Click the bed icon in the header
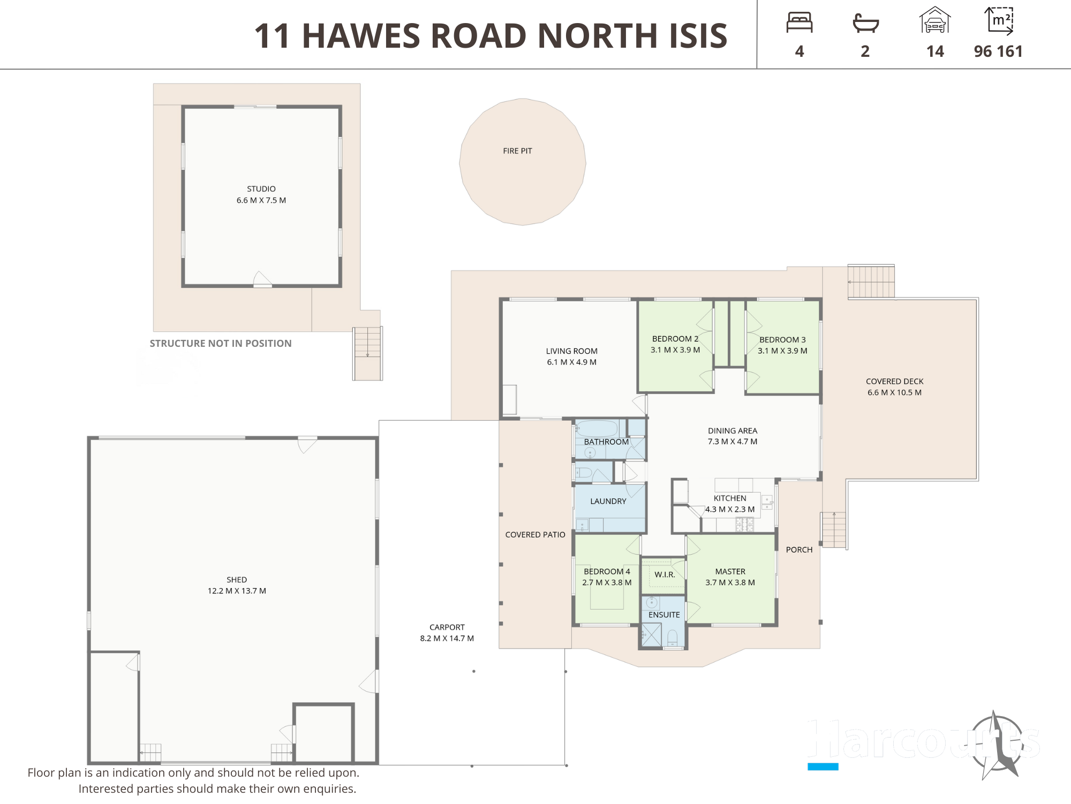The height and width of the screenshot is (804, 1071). [x=800, y=23]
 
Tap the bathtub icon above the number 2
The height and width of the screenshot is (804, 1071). [x=865, y=23]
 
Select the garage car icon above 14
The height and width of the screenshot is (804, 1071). [x=935, y=20]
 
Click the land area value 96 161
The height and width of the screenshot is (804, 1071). [x=998, y=51]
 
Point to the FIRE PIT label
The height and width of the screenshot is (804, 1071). [x=517, y=151]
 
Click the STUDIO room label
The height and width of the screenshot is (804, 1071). [x=261, y=189]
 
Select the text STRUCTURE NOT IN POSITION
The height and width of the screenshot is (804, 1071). [x=221, y=344]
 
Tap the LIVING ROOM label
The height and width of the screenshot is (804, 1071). [x=572, y=351]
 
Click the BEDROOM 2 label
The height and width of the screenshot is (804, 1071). [x=675, y=339]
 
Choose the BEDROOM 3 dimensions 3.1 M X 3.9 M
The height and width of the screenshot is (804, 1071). [x=782, y=351]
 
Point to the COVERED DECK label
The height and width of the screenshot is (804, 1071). [x=895, y=382]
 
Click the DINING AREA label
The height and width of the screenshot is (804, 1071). [x=733, y=431]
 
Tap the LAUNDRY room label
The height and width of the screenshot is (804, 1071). [x=608, y=502]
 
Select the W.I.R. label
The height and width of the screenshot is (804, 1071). [x=665, y=575]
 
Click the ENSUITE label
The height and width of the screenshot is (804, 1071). [x=664, y=615]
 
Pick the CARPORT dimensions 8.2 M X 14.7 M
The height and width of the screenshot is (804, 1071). [x=447, y=638]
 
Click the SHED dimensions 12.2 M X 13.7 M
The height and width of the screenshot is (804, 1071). [x=237, y=591]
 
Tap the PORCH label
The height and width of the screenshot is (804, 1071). [x=799, y=550]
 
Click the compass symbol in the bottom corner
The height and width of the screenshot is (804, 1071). [x=997, y=745]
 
